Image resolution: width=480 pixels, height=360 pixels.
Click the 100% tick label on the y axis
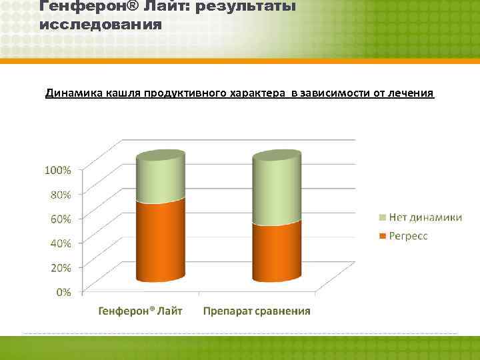pyautogui.click(x=57, y=170)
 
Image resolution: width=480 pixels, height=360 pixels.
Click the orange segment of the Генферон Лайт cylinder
pyautogui.click(x=160, y=240)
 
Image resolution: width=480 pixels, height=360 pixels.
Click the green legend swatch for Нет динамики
pyautogui.click(x=382, y=217)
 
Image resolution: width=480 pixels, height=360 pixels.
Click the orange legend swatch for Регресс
pyautogui.click(x=382, y=236)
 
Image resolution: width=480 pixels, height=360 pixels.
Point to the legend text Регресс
pyautogui.click(x=409, y=236)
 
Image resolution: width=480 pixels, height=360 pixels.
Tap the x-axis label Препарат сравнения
pyautogui.click(x=257, y=311)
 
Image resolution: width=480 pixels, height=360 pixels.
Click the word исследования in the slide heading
pyautogui.click(x=101, y=25)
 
